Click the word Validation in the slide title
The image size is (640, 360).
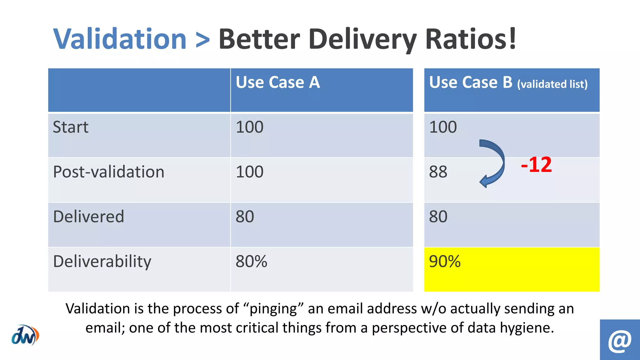click(x=120, y=39)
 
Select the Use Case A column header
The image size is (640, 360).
click(x=278, y=82)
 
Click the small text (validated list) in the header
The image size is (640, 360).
click(x=552, y=84)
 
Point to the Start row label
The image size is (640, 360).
click(x=71, y=127)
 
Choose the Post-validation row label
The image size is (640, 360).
click(x=108, y=172)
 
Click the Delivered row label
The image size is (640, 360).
click(x=89, y=217)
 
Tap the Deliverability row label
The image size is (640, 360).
click(x=102, y=262)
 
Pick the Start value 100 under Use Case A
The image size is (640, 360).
click(x=249, y=127)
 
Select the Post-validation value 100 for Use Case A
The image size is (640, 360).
click(x=249, y=172)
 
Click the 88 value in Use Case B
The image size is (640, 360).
click(x=438, y=172)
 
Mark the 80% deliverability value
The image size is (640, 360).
click(x=251, y=261)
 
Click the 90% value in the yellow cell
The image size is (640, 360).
click(x=445, y=261)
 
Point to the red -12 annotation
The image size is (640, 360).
click(x=536, y=165)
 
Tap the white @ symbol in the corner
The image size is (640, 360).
click(x=620, y=340)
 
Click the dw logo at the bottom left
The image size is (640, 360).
click(x=25, y=335)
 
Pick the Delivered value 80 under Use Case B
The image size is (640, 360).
click(x=438, y=217)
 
